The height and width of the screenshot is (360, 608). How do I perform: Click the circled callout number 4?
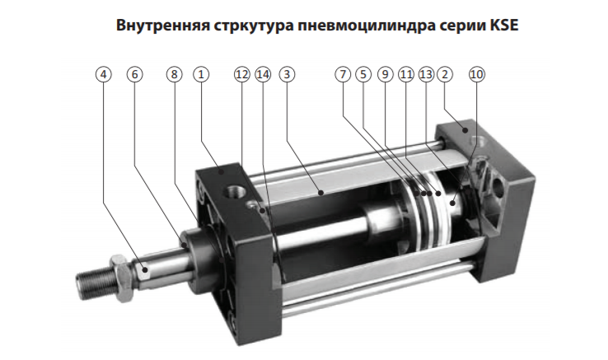coord(103,74)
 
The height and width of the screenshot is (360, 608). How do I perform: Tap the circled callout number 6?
coord(134,74)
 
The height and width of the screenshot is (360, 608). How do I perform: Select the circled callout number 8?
coord(174,74)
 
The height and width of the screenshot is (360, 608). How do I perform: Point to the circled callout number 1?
coord(201,74)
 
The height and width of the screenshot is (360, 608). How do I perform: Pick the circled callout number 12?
coord(242,74)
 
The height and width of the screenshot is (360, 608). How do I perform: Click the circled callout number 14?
coord(263,74)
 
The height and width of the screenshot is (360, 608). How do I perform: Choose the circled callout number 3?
coord(287,74)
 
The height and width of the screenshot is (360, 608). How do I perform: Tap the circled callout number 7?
coord(343,74)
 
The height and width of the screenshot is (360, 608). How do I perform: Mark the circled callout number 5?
coord(363,74)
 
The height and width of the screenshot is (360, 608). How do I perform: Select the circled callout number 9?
coord(385,74)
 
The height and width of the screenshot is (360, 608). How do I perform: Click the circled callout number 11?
coord(406,74)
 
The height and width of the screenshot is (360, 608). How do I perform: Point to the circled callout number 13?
coord(426,74)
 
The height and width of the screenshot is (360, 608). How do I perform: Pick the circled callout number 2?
coord(445,74)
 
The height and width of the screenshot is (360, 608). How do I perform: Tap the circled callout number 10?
coord(477,74)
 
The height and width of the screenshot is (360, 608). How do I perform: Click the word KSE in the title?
coord(504,26)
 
